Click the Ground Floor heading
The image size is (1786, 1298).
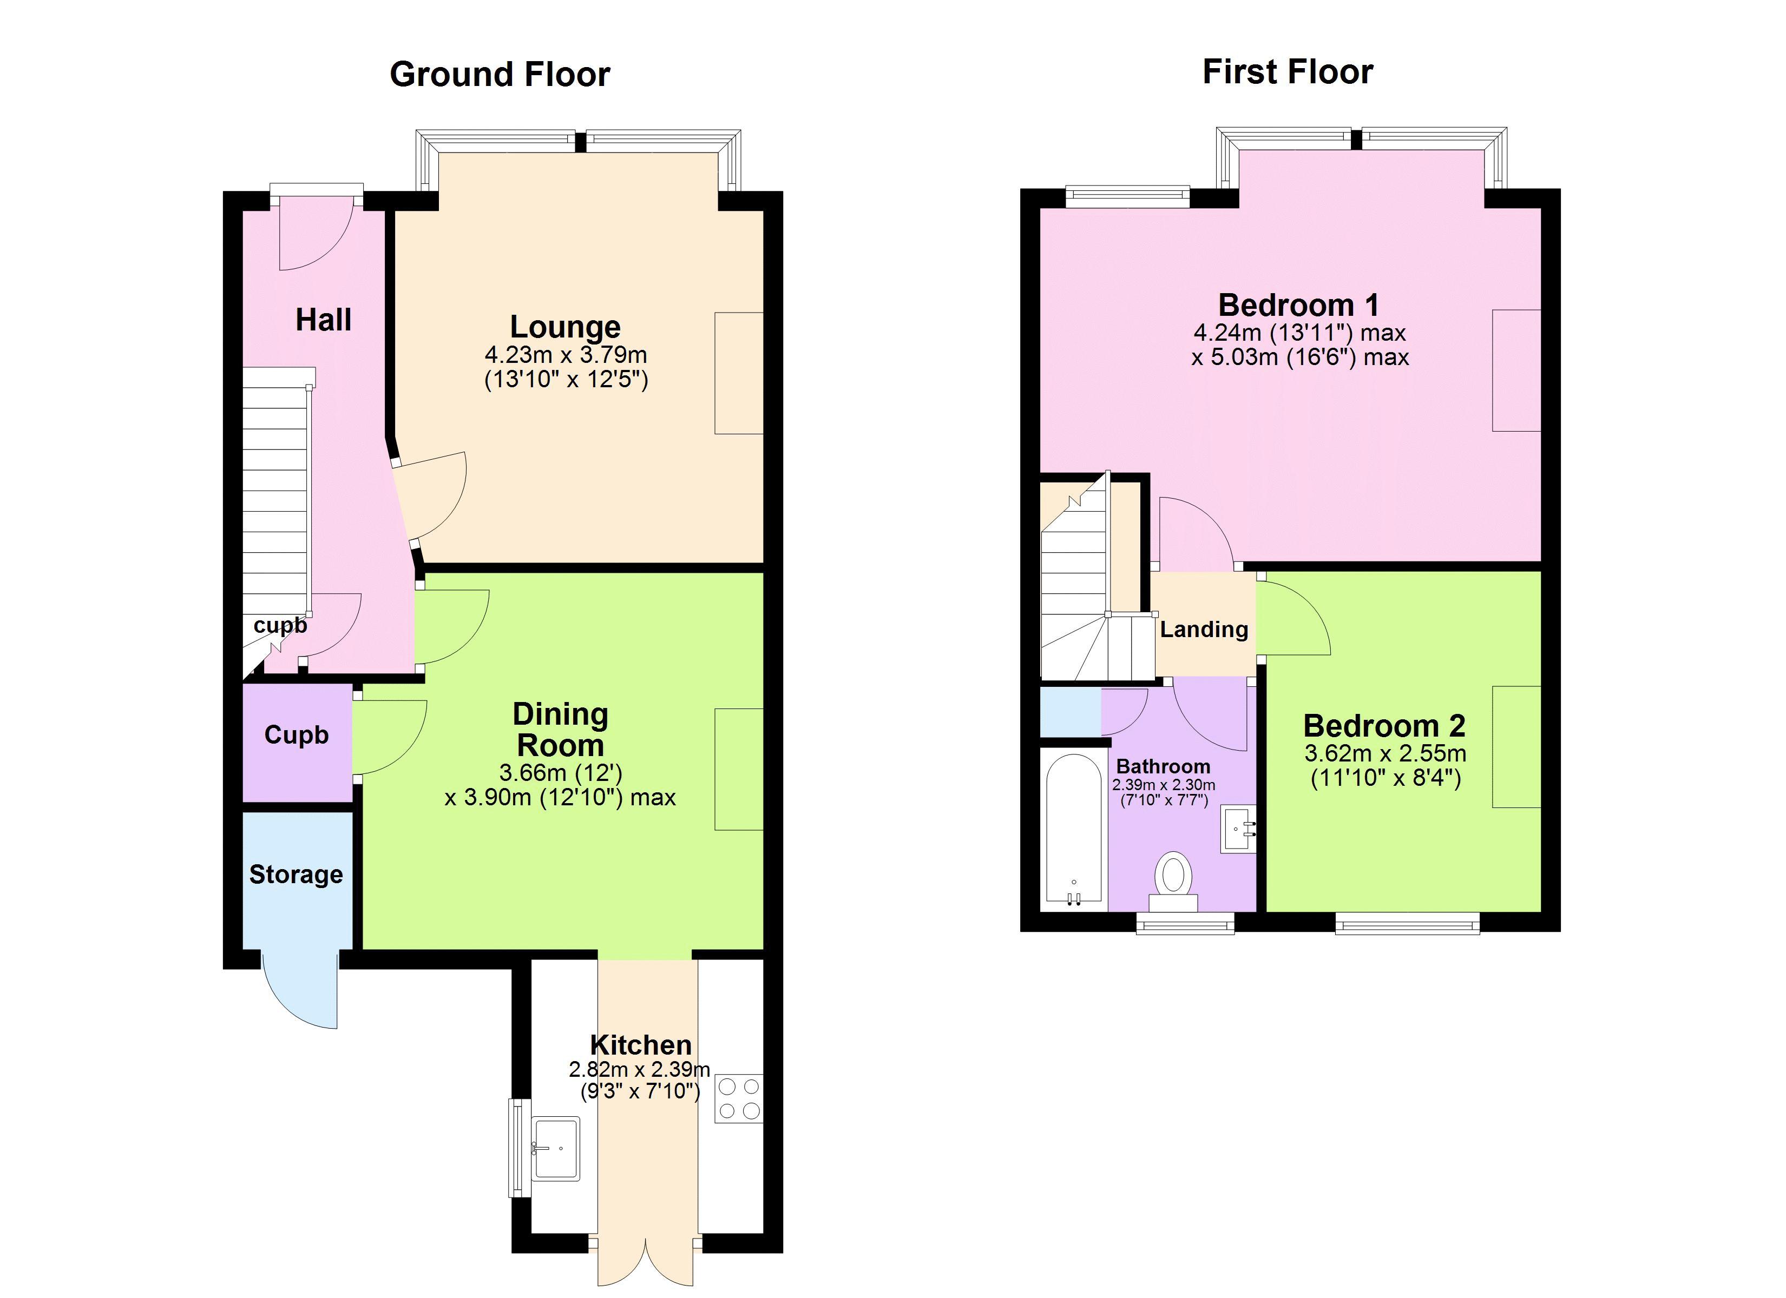click(500, 75)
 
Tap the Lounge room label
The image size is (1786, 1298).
click(566, 327)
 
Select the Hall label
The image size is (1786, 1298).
click(324, 320)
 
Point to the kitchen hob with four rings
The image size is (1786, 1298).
click(739, 1098)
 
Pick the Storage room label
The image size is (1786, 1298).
click(296, 875)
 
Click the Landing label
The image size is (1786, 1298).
click(1204, 629)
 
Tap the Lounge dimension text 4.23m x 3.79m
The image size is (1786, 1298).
click(566, 355)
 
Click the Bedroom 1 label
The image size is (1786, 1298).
click(1299, 304)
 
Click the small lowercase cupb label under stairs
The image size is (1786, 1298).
click(280, 626)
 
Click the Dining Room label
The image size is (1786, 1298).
click(561, 730)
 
